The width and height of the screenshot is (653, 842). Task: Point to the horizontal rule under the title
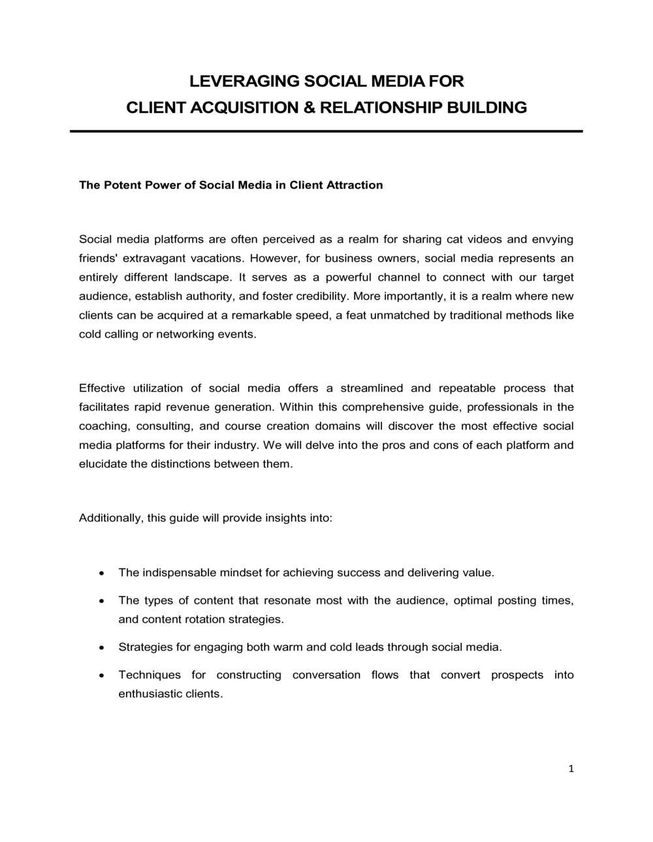[x=326, y=132]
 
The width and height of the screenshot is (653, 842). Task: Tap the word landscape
[x=201, y=277]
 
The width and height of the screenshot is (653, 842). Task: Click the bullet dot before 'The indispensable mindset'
[x=101, y=574]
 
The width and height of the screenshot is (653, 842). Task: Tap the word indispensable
[x=179, y=573]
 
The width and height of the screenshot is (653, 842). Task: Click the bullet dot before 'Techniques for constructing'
[x=101, y=676]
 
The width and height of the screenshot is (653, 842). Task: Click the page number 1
[x=571, y=770]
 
